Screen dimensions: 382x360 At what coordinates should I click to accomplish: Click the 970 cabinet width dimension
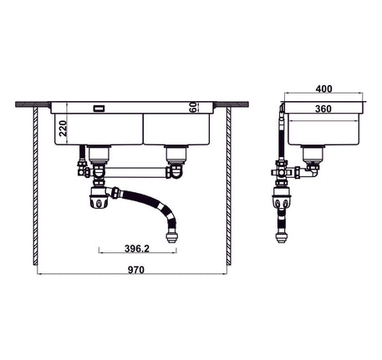point(136,270)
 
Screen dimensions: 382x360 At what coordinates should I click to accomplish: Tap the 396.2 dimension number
point(137,248)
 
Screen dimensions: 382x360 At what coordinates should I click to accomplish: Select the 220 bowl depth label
point(64,128)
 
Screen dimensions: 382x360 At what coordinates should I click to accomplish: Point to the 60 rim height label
point(193,107)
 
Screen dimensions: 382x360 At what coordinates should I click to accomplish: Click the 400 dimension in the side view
point(323,89)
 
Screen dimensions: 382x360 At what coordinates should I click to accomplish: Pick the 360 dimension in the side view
point(323,109)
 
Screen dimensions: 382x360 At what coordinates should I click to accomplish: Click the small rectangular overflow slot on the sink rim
point(99,109)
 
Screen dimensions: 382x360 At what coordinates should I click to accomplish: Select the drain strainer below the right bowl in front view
point(176,155)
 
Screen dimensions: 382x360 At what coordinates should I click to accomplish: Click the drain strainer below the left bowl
point(99,155)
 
